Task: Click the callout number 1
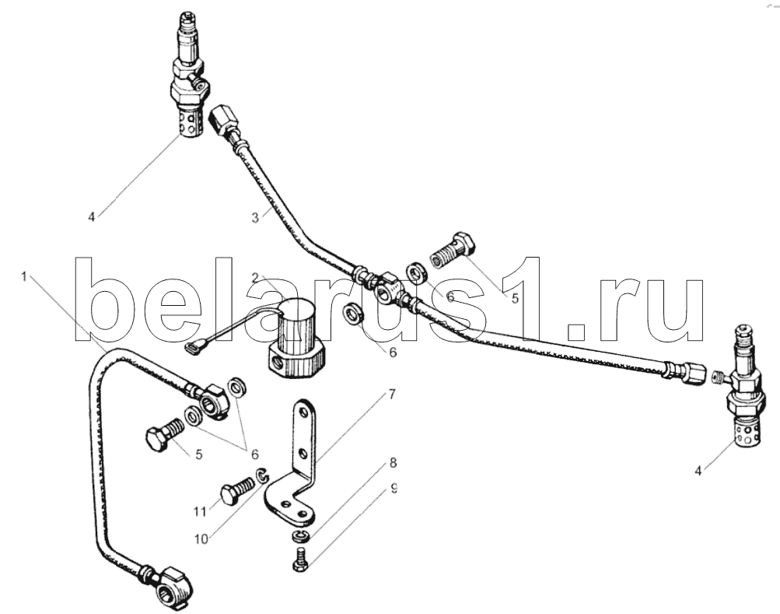[x=24, y=276]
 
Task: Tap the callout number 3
[x=255, y=218]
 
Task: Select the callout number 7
[x=391, y=395]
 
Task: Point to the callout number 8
[x=393, y=463]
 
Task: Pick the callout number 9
[x=393, y=488]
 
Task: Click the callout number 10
[x=201, y=539]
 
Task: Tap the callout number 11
[x=200, y=511]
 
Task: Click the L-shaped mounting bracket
[x=292, y=463]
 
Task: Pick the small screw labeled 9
[x=300, y=560]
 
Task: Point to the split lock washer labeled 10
[x=262, y=475]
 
